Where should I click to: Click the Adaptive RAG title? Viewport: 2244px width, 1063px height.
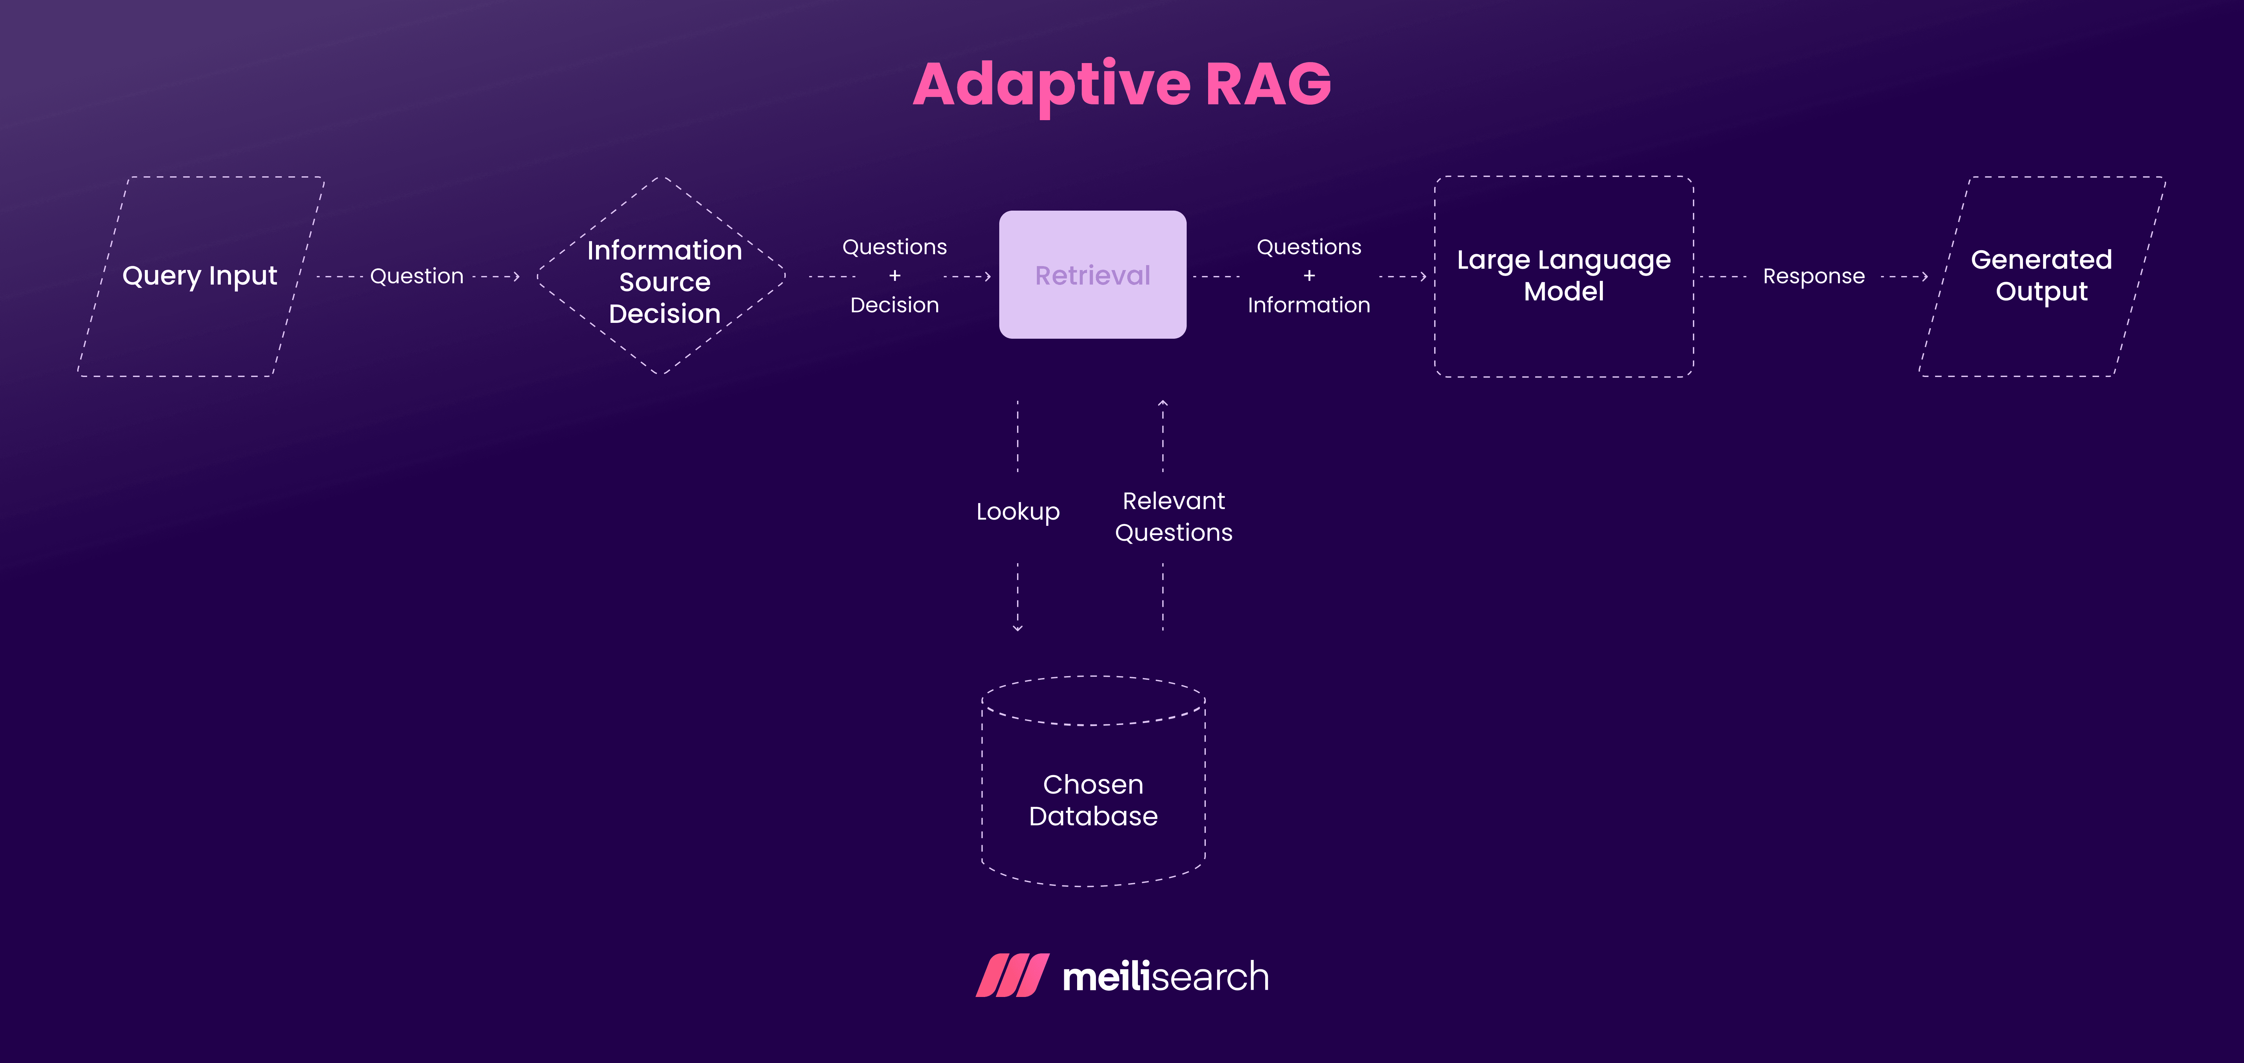point(1122,85)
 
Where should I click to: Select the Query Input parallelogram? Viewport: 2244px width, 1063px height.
point(200,276)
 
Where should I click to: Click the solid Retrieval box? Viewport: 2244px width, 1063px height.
point(1092,274)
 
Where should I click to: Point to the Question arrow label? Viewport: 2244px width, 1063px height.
point(416,276)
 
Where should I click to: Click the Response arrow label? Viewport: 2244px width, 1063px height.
point(1814,276)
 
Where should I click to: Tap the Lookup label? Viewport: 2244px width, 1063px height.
point(1017,511)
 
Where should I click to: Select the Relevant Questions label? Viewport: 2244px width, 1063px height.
point(1173,517)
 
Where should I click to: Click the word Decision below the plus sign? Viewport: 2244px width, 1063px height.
point(894,305)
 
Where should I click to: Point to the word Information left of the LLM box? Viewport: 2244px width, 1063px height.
point(1308,305)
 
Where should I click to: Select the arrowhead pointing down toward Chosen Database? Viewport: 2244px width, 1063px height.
point(1017,627)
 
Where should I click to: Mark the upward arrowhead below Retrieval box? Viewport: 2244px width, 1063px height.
point(1162,403)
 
